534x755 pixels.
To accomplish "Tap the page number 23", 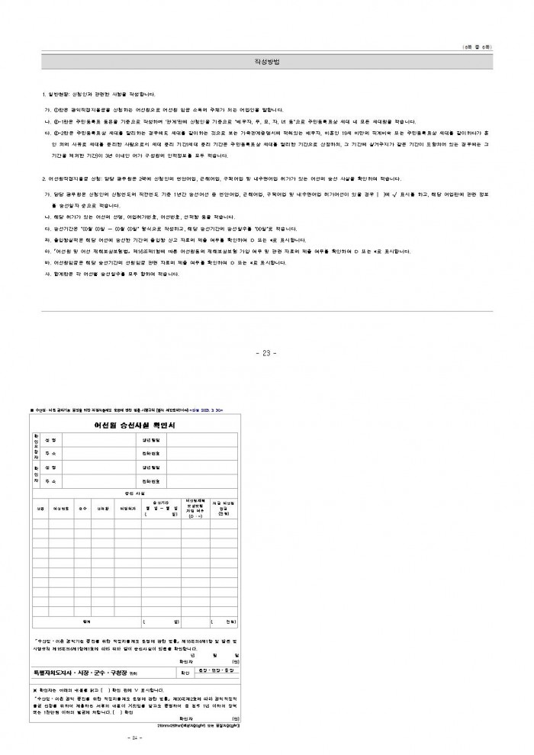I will [x=266, y=352].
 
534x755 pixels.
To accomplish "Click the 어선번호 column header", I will [x=62, y=507].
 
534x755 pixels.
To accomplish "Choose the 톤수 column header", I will [x=82, y=507].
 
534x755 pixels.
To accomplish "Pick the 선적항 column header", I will [x=100, y=507].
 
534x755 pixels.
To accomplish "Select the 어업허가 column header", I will [x=127, y=507].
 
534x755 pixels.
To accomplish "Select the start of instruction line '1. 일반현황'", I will [x=46, y=95].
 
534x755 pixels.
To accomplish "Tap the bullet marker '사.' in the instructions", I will [x=47, y=274].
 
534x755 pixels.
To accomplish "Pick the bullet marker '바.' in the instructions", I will [x=47, y=262].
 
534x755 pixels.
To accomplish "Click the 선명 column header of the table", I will [x=40, y=507].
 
